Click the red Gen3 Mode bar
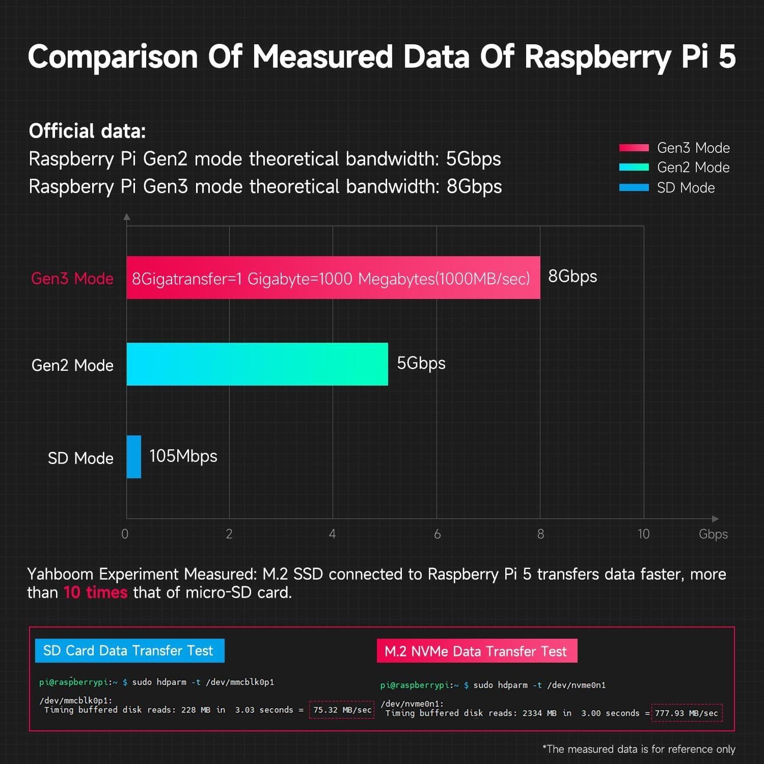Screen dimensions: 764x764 pyautogui.click(x=333, y=278)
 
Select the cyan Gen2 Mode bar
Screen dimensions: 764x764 pyautogui.click(x=257, y=364)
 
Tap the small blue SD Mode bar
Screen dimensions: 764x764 pyautogui.click(x=134, y=457)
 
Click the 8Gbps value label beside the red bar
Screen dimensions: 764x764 pyautogui.click(x=572, y=277)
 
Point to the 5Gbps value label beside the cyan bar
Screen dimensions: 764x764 pyautogui.click(x=421, y=363)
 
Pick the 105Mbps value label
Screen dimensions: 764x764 pyautogui.click(x=183, y=456)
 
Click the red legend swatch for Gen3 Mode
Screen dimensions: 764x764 pyautogui.click(x=634, y=148)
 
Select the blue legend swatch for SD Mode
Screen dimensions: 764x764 pyautogui.click(x=634, y=187)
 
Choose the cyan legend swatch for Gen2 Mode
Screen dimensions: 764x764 pyautogui.click(x=634, y=167)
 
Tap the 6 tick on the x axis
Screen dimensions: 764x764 pyautogui.click(x=437, y=534)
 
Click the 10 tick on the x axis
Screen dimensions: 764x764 pyautogui.click(x=643, y=534)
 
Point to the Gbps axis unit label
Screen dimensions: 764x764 pyautogui.click(x=713, y=534)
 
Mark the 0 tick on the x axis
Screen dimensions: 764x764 pyautogui.click(x=125, y=534)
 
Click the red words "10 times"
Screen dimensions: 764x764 pyautogui.click(x=95, y=592)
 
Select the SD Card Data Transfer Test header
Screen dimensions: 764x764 pyautogui.click(x=129, y=650)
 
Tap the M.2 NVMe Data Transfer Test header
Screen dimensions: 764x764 pyautogui.click(x=477, y=651)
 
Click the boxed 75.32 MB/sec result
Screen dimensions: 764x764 pyautogui.click(x=342, y=710)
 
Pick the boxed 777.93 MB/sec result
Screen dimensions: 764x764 pyautogui.click(x=687, y=713)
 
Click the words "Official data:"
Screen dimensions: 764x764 pyautogui.click(x=87, y=131)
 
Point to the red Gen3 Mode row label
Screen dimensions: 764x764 pyautogui.click(x=72, y=279)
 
